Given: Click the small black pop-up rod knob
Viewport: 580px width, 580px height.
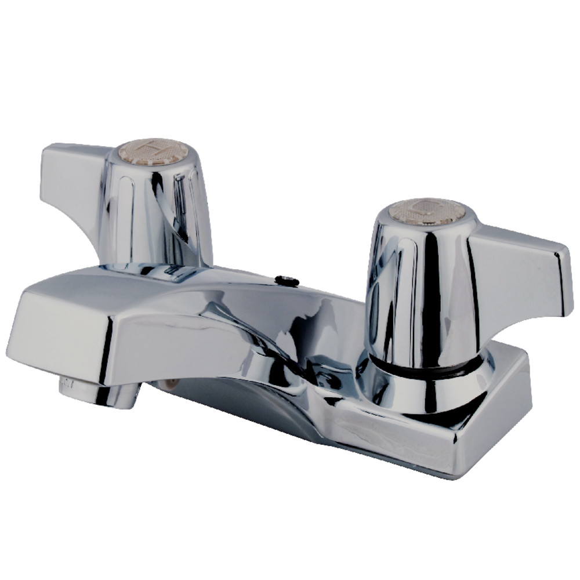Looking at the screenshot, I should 285,281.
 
